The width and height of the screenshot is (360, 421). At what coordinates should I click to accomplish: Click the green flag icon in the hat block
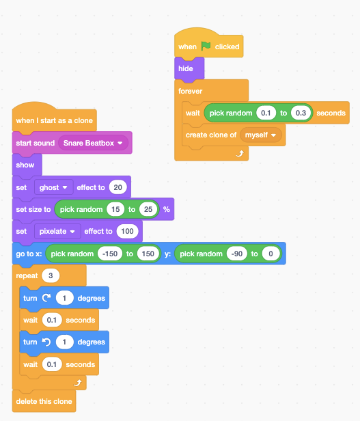click(x=206, y=47)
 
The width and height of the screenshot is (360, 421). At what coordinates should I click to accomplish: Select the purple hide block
click(x=186, y=69)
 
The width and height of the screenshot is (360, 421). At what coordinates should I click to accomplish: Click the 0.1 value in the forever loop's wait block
click(x=266, y=113)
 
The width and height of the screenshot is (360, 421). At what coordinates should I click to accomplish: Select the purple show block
click(x=25, y=165)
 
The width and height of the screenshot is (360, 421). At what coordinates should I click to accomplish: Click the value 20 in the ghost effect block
click(x=118, y=187)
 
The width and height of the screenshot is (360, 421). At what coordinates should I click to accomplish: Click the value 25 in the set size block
click(x=148, y=209)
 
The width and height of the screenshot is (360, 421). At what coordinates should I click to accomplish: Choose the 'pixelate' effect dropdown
click(x=57, y=231)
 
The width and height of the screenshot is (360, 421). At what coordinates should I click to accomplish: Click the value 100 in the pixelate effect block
click(x=127, y=231)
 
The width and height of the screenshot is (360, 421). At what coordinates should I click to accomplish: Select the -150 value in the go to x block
click(x=109, y=254)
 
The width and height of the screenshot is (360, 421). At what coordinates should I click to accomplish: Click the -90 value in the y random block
click(x=236, y=254)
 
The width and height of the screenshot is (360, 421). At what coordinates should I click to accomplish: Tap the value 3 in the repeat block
click(x=51, y=276)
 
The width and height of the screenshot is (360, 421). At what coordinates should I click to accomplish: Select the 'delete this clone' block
click(x=44, y=400)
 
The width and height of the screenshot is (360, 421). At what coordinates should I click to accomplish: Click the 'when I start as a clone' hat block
click(x=54, y=121)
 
